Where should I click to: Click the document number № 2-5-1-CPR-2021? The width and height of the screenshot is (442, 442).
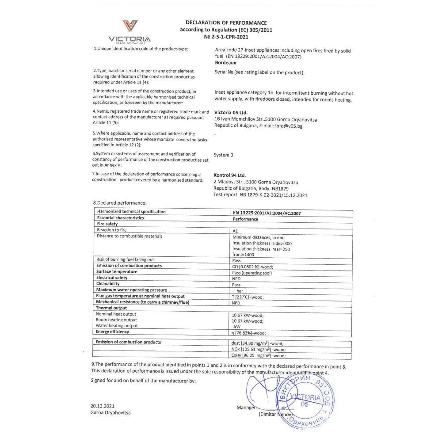pyautogui.click(x=226, y=38)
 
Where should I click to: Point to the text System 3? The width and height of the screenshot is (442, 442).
pyautogui.click(x=223, y=155)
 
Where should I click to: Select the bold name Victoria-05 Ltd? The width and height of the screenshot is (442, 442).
pyautogui.click(x=235, y=112)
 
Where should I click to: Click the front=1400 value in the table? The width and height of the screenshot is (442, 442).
pyautogui.click(x=244, y=255)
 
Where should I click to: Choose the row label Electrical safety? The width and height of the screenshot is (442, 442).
pyautogui.click(x=112, y=278)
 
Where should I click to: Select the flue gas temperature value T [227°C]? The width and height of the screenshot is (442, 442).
pyautogui.click(x=248, y=297)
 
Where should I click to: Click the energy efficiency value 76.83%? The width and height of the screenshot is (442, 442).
pyautogui.click(x=249, y=333)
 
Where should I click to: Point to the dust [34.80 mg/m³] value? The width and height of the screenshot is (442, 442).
pyautogui.click(x=257, y=343)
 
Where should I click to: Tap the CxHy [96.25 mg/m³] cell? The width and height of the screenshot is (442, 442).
pyautogui.click(x=259, y=355)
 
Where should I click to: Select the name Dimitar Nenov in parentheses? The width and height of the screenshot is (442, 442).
pyautogui.click(x=275, y=415)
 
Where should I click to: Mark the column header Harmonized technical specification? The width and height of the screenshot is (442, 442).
pyautogui.click(x=131, y=212)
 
